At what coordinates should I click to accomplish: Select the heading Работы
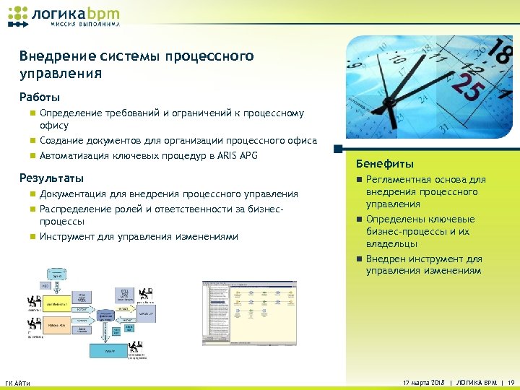click(40, 97)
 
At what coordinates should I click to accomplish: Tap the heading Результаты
click(52, 178)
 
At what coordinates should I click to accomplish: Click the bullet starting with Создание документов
click(178, 140)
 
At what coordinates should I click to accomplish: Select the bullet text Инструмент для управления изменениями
click(139, 236)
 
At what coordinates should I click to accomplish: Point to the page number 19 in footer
click(511, 381)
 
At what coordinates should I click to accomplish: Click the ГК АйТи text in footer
click(18, 382)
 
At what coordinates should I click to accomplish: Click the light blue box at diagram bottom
click(110, 350)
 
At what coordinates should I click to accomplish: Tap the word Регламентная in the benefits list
click(398, 180)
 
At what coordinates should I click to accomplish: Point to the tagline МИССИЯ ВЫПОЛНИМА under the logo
click(84, 24)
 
